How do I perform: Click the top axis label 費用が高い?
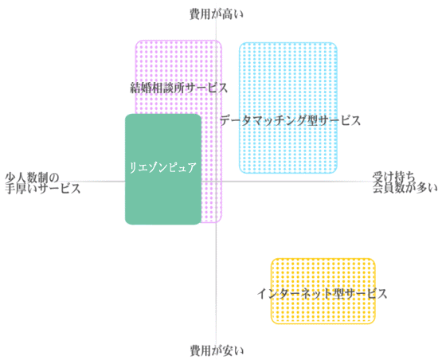pyautogui.click(x=217, y=14)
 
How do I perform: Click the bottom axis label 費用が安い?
pyautogui.click(x=217, y=350)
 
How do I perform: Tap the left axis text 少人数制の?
pyautogui.click(x=33, y=177)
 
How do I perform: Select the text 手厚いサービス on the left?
pyautogui.click(x=43, y=189)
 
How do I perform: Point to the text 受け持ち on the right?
pyautogui.click(x=393, y=177)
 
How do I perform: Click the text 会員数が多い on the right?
pyautogui.click(x=405, y=188)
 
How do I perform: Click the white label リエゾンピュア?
pyautogui.click(x=162, y=167)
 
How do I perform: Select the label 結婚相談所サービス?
pyautogui.click(x=178, y=88)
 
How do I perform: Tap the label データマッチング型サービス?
pyautogui.click(x=291, y=120)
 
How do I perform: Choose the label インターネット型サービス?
pyautogui.click(x=322, y=294)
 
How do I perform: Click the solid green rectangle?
pyautogui.click(x=163, y=169)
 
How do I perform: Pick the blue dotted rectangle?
pyautogui.click(x=288, y=108)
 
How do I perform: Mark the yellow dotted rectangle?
pyautogui.click(x=323, y=291)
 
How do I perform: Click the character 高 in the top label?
pyautogui.click(x=228, y=14)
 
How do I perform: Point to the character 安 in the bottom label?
pyautogui.click(x=228, y=350)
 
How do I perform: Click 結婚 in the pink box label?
pyautogui.click(x=141, y=88)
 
